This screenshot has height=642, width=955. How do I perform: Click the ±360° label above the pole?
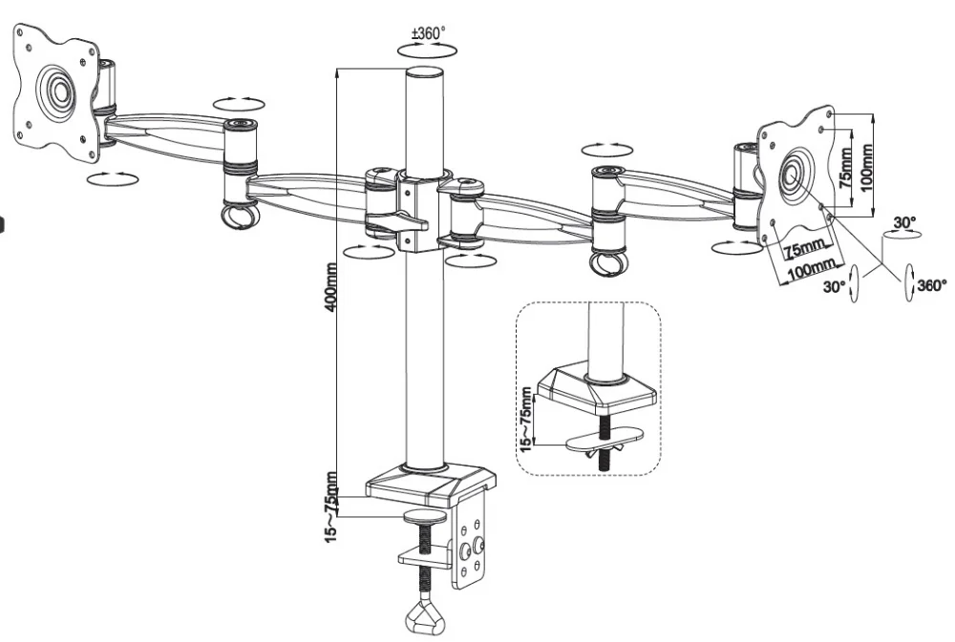428,33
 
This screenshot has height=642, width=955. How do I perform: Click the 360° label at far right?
931,284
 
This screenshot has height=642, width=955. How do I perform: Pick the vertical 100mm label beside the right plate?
867,168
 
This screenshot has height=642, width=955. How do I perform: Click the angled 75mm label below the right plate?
802,252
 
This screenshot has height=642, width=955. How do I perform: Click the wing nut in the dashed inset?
602,441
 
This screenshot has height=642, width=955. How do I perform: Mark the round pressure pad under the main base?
426,517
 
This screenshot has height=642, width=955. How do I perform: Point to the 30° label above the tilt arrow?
903,223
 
